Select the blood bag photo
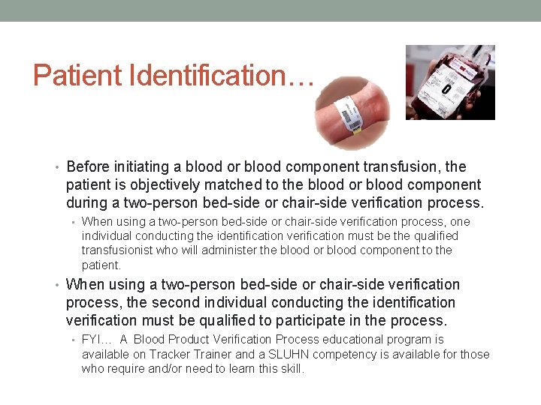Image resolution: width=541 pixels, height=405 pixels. [x=450, y=82]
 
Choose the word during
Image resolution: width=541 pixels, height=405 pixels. [x=88, y=202]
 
